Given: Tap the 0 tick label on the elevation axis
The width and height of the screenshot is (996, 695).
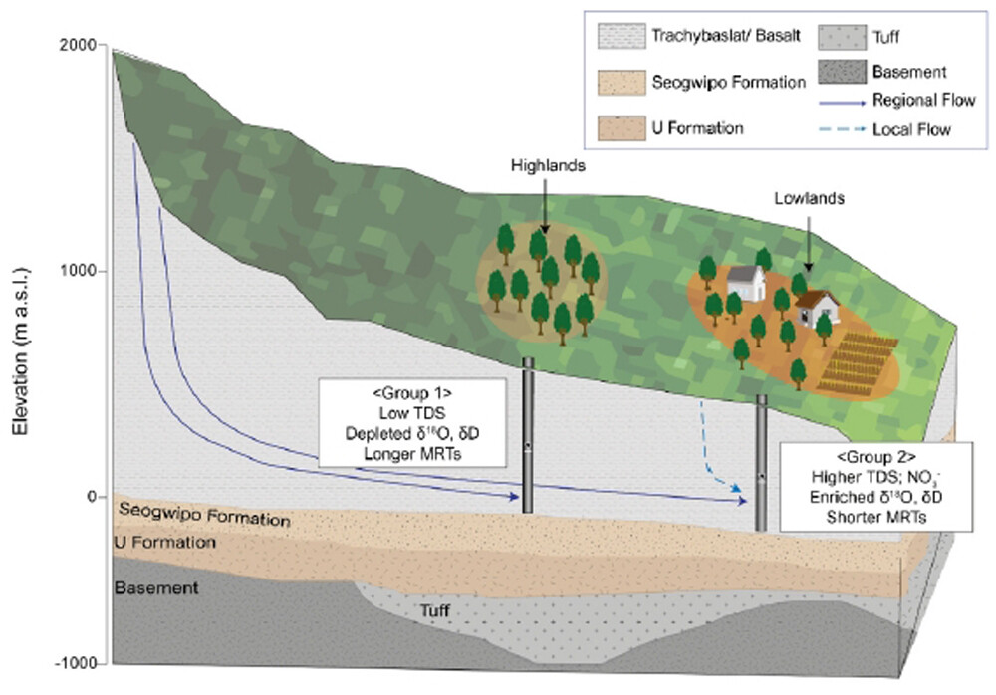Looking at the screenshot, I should pos(99,496).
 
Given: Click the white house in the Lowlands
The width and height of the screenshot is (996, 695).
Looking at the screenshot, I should pos(745,283).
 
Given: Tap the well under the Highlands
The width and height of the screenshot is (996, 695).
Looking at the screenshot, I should pos(528,436).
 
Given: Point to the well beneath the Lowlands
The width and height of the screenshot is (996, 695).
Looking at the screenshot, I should pos(762,463).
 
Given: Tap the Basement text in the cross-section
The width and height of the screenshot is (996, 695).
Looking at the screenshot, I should pos(155,588).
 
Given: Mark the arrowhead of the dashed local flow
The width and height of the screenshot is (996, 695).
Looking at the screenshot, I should pos(736,489).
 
